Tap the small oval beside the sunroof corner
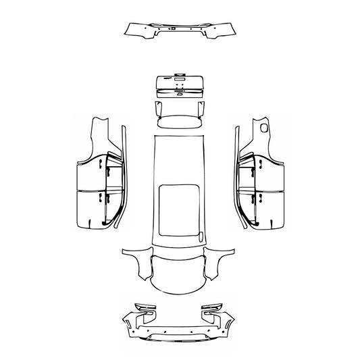(201, 236)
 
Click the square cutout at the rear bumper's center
(174, 29)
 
